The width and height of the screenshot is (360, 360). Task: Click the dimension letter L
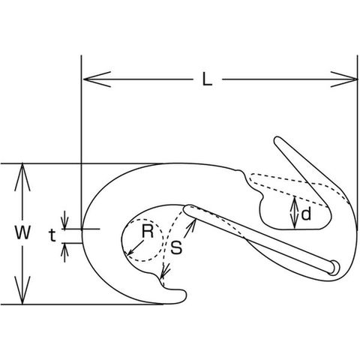207,79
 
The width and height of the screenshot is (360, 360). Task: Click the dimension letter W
22,232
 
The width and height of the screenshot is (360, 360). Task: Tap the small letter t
52,235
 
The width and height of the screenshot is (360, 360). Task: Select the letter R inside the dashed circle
147,231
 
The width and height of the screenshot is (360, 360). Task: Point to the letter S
176,247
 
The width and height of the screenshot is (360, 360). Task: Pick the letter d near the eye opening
306,214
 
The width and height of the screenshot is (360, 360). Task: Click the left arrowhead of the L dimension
97,79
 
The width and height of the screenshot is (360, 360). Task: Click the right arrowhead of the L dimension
343,79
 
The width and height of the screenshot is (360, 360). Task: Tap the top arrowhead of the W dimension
22,177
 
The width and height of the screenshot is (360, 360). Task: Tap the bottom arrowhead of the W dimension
22,290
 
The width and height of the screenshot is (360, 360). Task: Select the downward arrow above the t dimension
64,220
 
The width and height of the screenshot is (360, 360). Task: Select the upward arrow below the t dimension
64,252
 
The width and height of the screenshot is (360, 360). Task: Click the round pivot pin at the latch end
334,268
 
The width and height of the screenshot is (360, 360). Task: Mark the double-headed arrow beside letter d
295,213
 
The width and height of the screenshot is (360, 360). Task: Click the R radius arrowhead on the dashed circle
130,251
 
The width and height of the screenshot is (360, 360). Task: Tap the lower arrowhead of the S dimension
164,271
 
